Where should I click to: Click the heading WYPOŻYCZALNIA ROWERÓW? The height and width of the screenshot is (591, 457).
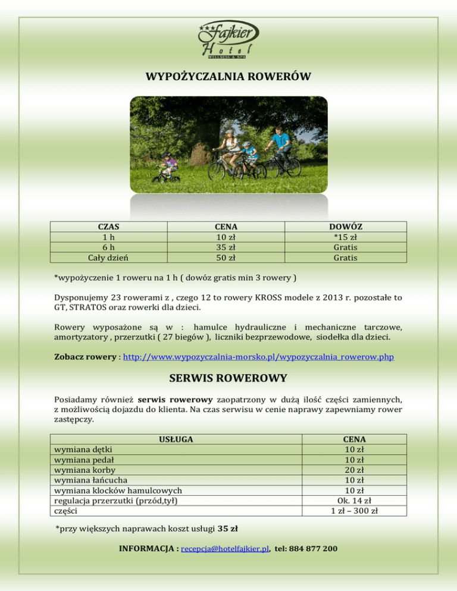coord(228,77)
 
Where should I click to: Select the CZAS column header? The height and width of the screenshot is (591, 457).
coord(108,227)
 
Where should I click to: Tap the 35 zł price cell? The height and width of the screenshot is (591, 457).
coord(226,247)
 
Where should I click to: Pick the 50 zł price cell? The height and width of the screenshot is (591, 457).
coord(226,257)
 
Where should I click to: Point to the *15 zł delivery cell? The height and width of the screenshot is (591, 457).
coord(345,237)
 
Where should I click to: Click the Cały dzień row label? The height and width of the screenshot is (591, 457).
coord(108,257)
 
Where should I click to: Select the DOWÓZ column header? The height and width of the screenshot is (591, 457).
coord(345,227)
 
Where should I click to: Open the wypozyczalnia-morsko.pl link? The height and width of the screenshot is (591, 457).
coord(258,359)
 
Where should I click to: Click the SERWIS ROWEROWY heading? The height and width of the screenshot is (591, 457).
coord(228,378)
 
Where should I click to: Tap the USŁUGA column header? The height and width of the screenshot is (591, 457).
coord(176,439)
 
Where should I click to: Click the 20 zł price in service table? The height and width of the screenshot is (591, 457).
coord(355,470)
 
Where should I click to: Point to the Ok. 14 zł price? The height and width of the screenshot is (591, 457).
coord(355,500)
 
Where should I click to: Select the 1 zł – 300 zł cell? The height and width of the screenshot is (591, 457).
coord(355,510)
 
